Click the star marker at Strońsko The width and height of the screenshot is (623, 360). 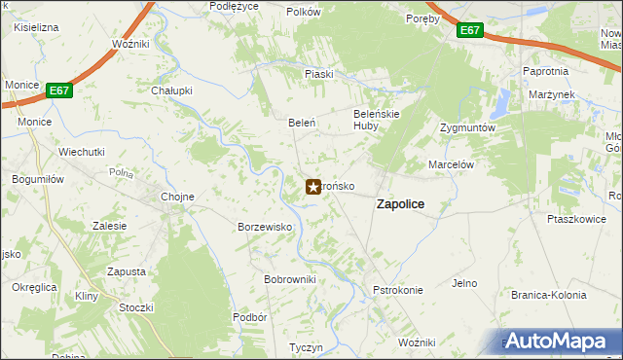point(313,186)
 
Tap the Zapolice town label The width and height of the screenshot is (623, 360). point(399,204)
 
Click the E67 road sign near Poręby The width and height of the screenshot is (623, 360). point(470,31)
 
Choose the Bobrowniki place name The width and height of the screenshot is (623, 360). point(290,279)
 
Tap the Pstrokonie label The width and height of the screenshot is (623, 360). point(398,290)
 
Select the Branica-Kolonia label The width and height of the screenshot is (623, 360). point(549,295)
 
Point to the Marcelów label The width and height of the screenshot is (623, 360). point(451,164)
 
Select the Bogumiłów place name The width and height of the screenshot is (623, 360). point(38,179)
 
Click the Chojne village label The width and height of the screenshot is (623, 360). point(177,197)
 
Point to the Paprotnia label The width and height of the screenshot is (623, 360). point(545,72)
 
